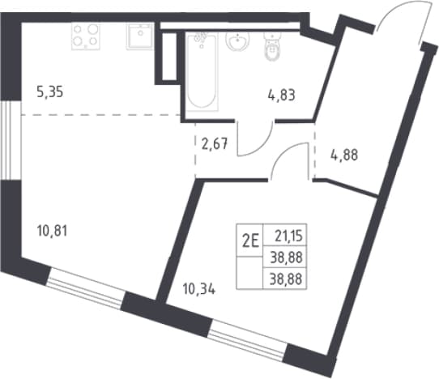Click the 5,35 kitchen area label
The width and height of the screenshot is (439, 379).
coord(50,92)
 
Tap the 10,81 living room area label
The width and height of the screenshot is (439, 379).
coord(52,232)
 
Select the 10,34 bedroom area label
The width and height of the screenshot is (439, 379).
coord(199,289)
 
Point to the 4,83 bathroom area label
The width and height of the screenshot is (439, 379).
coord(281,96)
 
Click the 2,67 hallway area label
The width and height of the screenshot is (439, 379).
coord(215,144)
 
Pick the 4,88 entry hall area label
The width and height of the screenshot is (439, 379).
coord(344,155)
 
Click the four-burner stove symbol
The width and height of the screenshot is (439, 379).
coord(86,36)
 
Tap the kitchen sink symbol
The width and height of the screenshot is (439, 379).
coord(139,36)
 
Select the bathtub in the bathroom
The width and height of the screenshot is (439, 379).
coord(202,71)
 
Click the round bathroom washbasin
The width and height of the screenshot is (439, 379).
coord(237,41)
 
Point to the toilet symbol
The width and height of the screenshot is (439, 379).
coord(272,46)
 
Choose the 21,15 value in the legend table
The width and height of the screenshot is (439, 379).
coord(288,236)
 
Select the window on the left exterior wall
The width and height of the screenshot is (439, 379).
coord(11,140)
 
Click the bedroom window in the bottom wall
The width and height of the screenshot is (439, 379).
coord(248,341)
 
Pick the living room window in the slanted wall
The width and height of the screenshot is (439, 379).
coord(85,288)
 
